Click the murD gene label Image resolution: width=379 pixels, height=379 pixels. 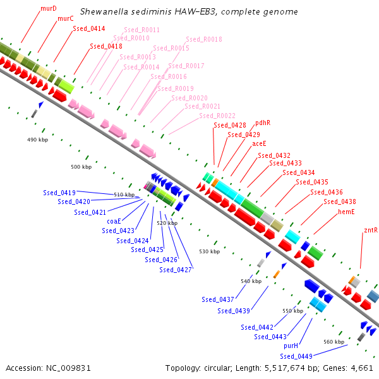(49, 8)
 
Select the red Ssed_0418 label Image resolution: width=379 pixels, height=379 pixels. (106, 46)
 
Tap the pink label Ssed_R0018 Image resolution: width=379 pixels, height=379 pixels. (204, 39)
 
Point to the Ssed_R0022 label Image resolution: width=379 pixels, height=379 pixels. (217, 116)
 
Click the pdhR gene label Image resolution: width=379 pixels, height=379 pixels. (263, 123)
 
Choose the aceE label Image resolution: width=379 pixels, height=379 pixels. (259, 143)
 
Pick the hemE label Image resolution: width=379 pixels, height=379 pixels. (346, 212)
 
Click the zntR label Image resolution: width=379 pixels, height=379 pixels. (371, 230)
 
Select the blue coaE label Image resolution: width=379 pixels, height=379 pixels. (114, 221)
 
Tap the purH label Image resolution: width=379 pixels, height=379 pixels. (291, 346)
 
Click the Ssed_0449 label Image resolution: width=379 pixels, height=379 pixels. (296, 356)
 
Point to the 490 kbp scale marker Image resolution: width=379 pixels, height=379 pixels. (37, 140)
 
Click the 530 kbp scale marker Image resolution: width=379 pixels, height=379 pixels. (210, 251)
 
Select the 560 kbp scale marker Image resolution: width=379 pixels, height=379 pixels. (334, 342)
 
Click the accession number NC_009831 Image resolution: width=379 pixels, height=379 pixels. (68, 368)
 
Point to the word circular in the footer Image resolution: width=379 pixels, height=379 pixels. (218, 368)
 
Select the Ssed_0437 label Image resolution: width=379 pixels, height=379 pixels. (218, 299)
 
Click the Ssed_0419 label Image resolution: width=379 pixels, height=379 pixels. (59, 193)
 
